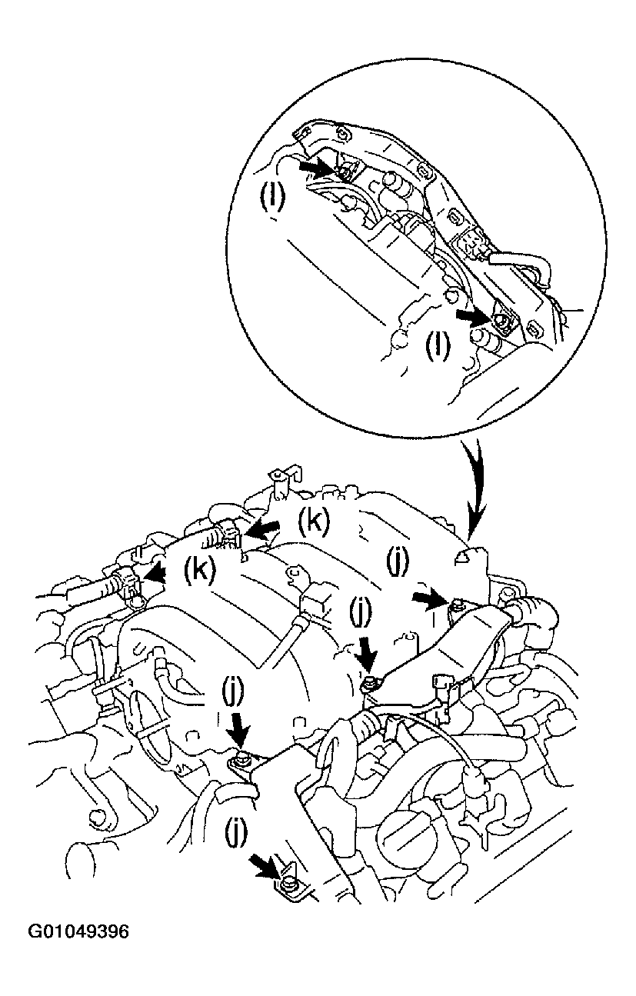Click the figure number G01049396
coord(79,932)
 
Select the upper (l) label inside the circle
coord(271,198)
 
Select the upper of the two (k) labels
coord(314,521)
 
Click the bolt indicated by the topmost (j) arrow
coord(455,604)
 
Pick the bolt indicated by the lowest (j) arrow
coord(288,887)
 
